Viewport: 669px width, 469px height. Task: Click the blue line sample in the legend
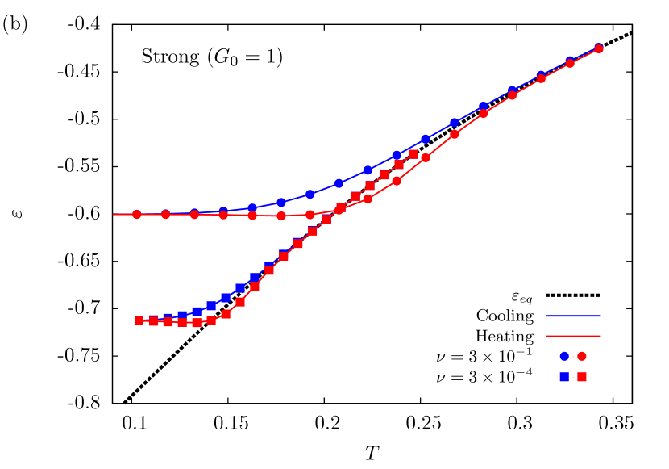tap(573, 316)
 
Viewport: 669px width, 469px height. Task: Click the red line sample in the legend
tap(573, 336)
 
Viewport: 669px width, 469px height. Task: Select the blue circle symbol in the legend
tap(564, 356)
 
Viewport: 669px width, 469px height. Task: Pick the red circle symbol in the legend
tap(582, 356)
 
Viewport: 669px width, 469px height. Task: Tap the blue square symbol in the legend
tap(564, 377)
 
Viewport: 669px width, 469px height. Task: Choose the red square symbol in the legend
tap(582, 377)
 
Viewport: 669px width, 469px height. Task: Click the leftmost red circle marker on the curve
tap(136, 215)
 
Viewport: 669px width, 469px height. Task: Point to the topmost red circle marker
tap(599, 49)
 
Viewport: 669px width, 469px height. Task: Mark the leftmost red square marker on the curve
tap(139, 320)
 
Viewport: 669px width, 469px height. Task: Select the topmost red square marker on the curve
tap(413, 154)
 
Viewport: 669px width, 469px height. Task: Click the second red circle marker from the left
tap(165, 215)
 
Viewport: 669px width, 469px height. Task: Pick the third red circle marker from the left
tap(194, 215)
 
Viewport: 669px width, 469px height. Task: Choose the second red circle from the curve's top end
tap(570, 63)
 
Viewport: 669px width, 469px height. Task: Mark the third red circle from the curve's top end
tap(542, 78)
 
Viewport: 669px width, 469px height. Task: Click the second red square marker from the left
tap(153, 320)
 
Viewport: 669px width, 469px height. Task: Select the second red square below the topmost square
tap(384, 175)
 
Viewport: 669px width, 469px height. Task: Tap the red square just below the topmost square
tap(399, 165)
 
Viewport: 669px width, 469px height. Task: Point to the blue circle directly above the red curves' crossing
tap(339, 183)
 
